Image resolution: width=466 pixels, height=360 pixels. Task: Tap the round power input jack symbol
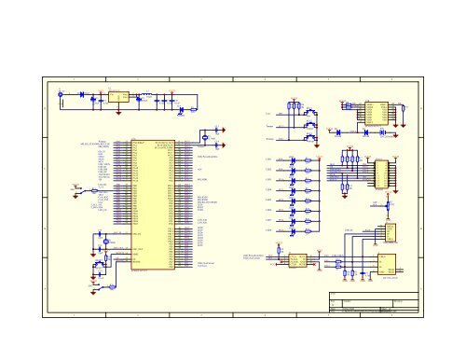click(60, 92)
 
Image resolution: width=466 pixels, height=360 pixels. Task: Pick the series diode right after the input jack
click(82, 94)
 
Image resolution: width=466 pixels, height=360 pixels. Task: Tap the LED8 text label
click(268, 229)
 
